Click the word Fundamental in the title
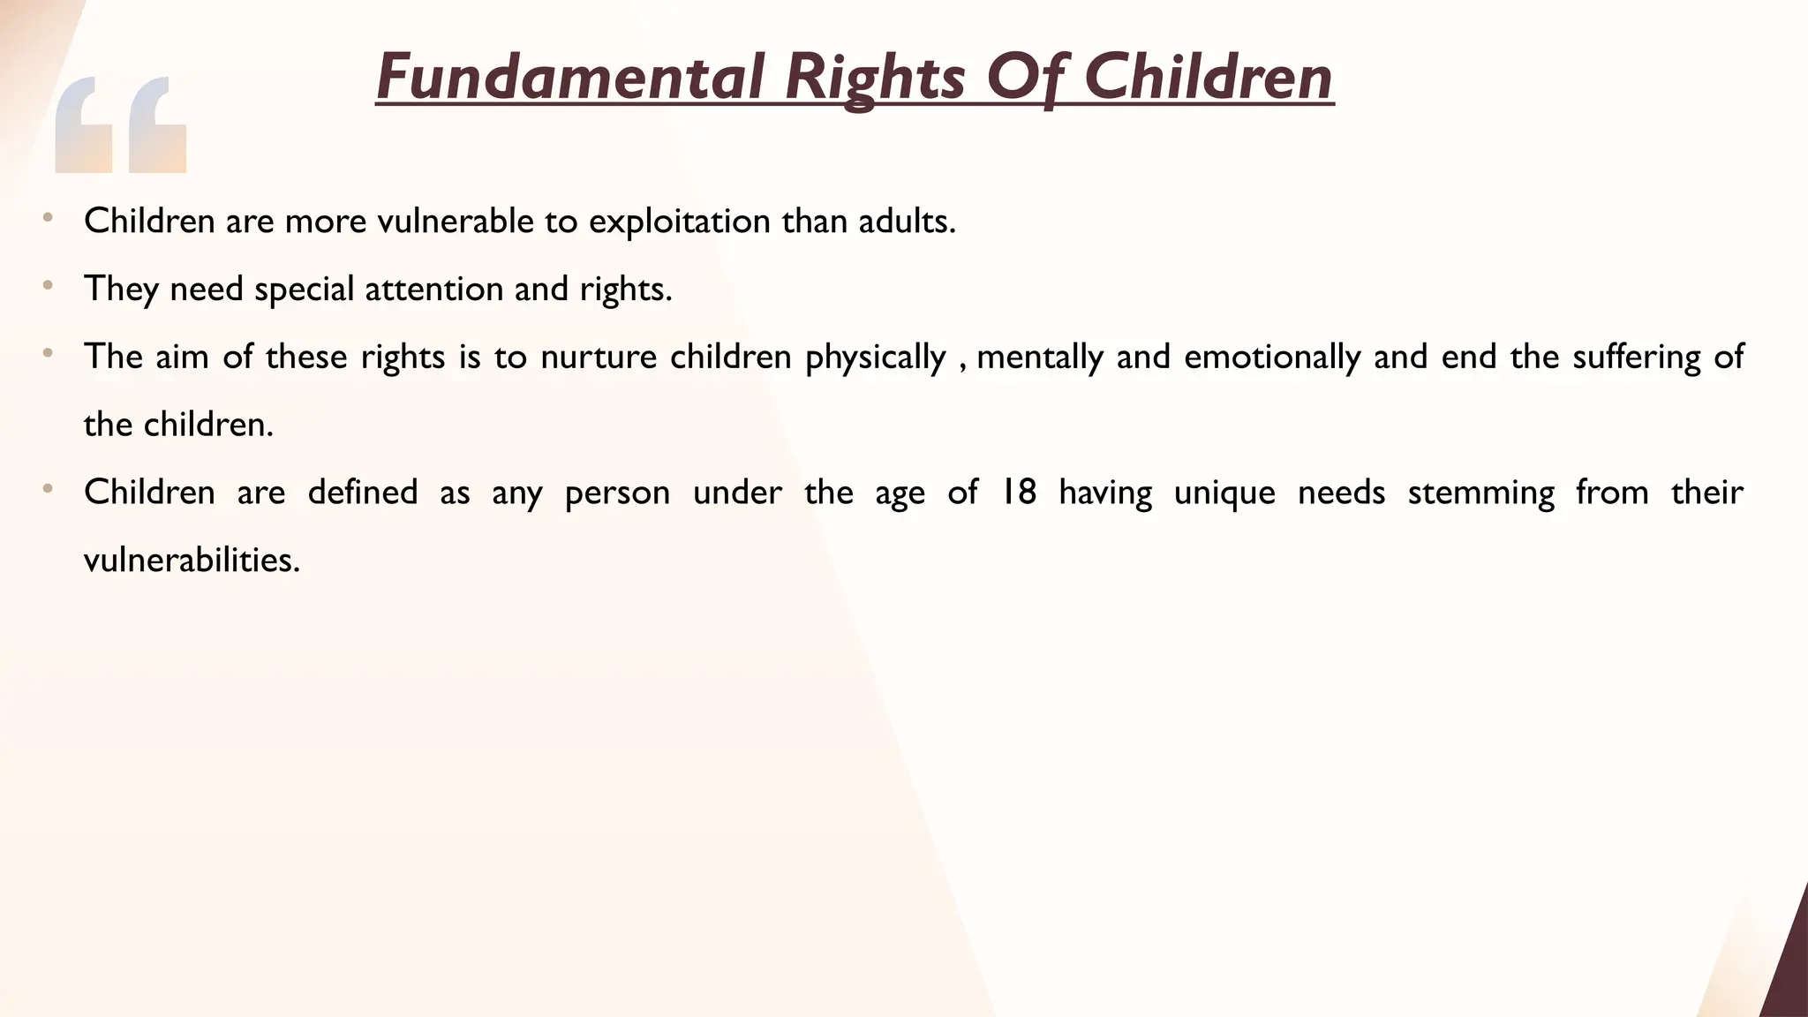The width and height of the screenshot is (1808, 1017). (x=569, y=78)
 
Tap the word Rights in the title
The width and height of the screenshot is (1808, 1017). (x=875, y=78)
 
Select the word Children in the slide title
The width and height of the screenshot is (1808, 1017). (x=1208, y=78)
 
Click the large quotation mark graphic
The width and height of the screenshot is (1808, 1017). (x=120, y=124)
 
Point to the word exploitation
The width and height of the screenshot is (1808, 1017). (x=679, y=221)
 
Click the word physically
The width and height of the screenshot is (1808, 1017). (x=875, y=357)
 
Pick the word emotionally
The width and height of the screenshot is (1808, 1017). (x=1272, y=357)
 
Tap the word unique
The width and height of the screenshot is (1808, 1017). (x=1224, y=492)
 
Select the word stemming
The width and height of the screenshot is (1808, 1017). (x=1480, y=492)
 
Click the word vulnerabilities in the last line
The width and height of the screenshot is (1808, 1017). (x=192, y=560)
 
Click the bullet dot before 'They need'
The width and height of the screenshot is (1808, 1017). (x=48, y=286)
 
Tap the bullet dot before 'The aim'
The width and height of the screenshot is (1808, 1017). (x=48, y=354)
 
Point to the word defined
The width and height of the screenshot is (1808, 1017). (x=362, y=492)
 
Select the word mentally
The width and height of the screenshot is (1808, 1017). (x=1039, y=357)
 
